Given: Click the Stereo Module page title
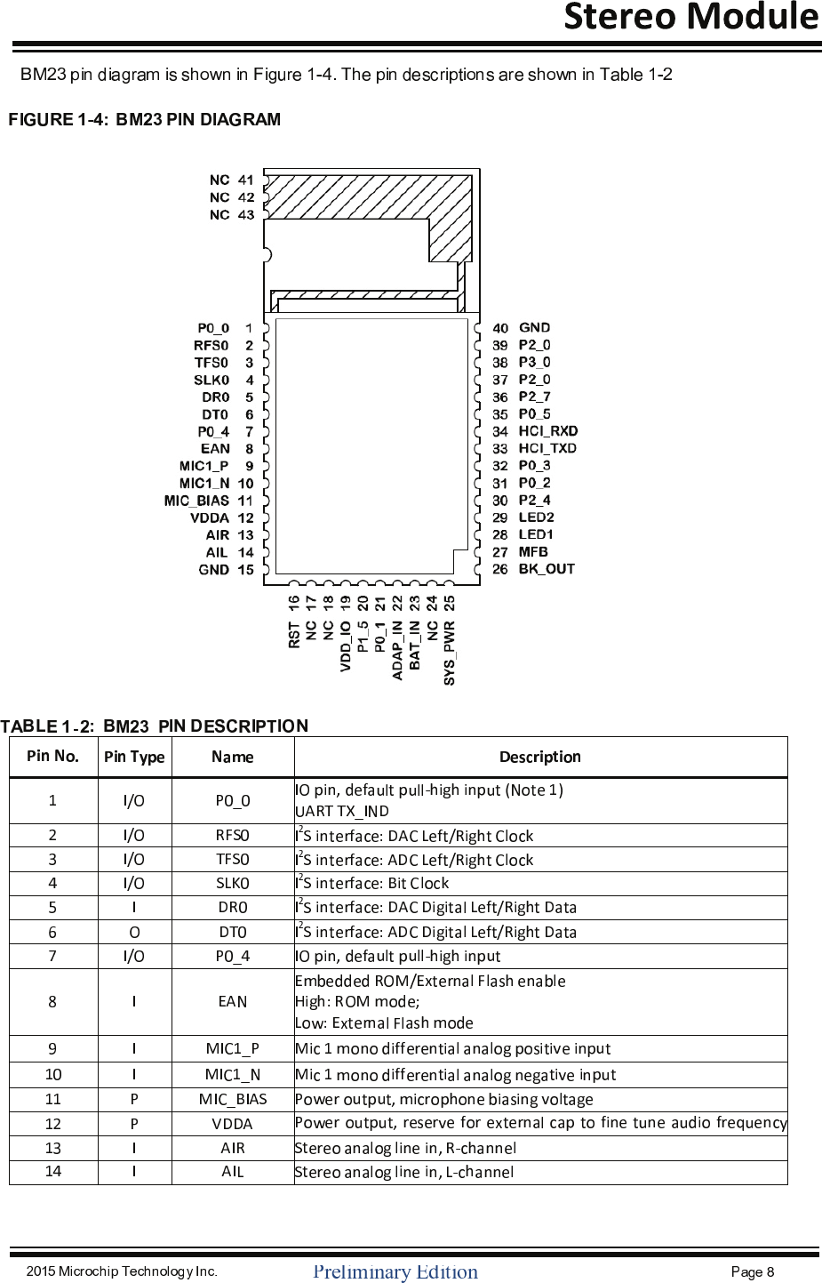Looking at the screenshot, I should coord(690,17).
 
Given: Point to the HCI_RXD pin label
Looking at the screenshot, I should coord(547,431).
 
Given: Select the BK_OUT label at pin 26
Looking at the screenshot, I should coord(547,569).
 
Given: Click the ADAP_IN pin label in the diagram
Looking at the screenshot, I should coord(397,650).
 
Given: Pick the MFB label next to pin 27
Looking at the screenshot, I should coord(533,552).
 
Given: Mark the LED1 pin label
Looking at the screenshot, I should coord(536,534).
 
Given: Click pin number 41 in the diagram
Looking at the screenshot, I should coord(246,180).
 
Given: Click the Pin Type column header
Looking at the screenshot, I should coord(134,757).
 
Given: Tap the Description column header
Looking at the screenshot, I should coord(539,757).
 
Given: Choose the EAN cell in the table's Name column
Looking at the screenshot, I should coord(233,1002).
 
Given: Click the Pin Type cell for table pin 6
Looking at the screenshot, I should coord(134,932).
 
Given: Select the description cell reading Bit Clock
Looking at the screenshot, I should coord(372,883).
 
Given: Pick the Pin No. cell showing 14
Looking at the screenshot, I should coord(53,1171).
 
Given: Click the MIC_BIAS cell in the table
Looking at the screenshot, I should coord(233,1099).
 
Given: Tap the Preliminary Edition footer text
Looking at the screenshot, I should coord(395,1271).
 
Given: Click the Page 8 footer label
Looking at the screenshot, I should coord(752,1271).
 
